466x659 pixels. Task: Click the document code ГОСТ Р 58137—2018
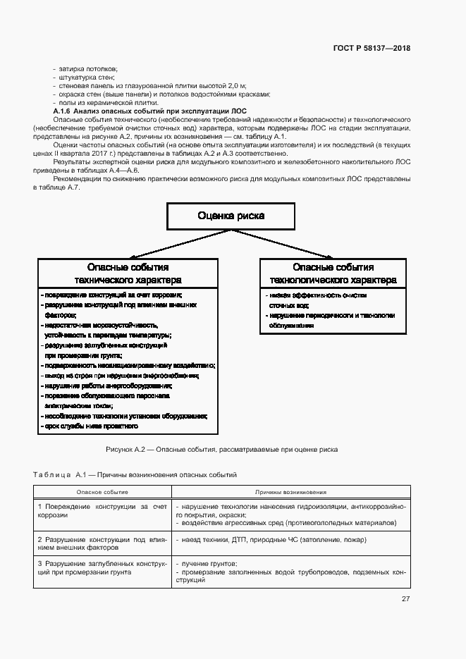tap(372, 49)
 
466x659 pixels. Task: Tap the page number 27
tap(405, 599)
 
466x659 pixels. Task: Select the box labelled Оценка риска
tap(231, 216)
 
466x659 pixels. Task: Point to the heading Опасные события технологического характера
tap(333, 273)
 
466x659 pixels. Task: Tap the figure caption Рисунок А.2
tap(221, 449)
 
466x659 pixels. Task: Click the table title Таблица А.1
tap(135, 475)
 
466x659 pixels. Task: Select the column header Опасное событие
tap(102, 492)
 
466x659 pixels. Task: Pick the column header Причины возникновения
tap(290, 492)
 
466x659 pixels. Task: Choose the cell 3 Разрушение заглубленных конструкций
tap(102, 568)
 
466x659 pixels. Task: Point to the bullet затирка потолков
tap(84, 68)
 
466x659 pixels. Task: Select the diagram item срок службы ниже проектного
tap(91, 426)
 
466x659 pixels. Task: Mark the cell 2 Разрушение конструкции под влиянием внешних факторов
tap(102, 543)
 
